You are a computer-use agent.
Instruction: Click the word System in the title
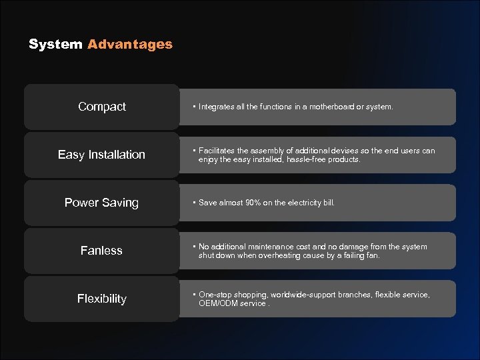pyautogui.click(x=55, y=45)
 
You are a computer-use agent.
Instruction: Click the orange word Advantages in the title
pyautogui.click(x=130, y=45)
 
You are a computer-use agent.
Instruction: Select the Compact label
pyautogui.click(x=102, y=107)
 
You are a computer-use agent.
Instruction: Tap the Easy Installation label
pyautogui.click(x=101, y=155)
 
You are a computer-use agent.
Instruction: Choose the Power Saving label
pyautogui.click(x=101, y=203)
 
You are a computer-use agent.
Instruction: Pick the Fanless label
pyautogui.click(x=101, y=251)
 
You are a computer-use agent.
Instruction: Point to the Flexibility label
pyautogui.click(x=101, y=299)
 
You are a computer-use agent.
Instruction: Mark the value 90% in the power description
pyautogui.click(x=252, y=203)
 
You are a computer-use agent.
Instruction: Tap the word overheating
pyautogui.click(x=267, y=255)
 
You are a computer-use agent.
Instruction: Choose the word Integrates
pyautogui.click(x=217, y=107)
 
